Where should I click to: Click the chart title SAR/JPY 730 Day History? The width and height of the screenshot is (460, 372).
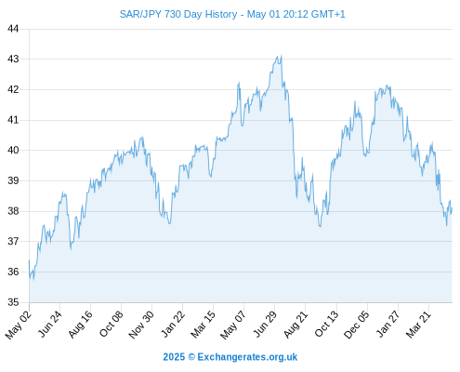click(x=178, y=14)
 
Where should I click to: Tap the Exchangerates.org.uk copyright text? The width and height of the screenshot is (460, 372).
click(x=230, y=357)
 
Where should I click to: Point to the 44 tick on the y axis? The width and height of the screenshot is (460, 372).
click(x=13, y=29)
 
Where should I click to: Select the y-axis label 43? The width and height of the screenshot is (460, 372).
click(x=13, y=59)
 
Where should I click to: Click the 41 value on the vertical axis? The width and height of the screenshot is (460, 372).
click(x=13, y=120)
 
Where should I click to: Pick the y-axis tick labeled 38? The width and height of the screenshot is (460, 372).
click(x=13, y=211)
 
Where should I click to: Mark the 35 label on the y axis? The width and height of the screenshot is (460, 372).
click(x=13, y=302)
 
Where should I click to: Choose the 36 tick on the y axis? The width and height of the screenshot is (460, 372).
click(x=13, y=272)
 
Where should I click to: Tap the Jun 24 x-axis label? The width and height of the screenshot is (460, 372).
click(x=49, y=324)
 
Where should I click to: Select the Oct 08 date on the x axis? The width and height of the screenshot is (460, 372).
click(x=111, y=324)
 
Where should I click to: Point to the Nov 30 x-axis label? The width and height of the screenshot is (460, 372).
click(x=141, y=325)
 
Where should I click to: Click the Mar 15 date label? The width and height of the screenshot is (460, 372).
click(x=203, y=324)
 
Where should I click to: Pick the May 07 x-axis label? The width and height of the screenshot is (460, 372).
click(x=233, y=325)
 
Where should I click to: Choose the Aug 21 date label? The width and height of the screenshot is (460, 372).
click(x=296, y=324)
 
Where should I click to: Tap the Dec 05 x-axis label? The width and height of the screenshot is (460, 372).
click(x=357, y=325)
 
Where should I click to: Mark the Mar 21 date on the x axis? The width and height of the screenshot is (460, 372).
click(x=418, y=324)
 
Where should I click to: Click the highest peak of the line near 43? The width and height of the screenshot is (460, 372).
click(x=282, y=56)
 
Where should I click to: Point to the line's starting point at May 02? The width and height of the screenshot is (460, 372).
click(x=29, y=259)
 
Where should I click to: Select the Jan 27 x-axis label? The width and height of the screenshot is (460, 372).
click(x=388, y=324)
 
